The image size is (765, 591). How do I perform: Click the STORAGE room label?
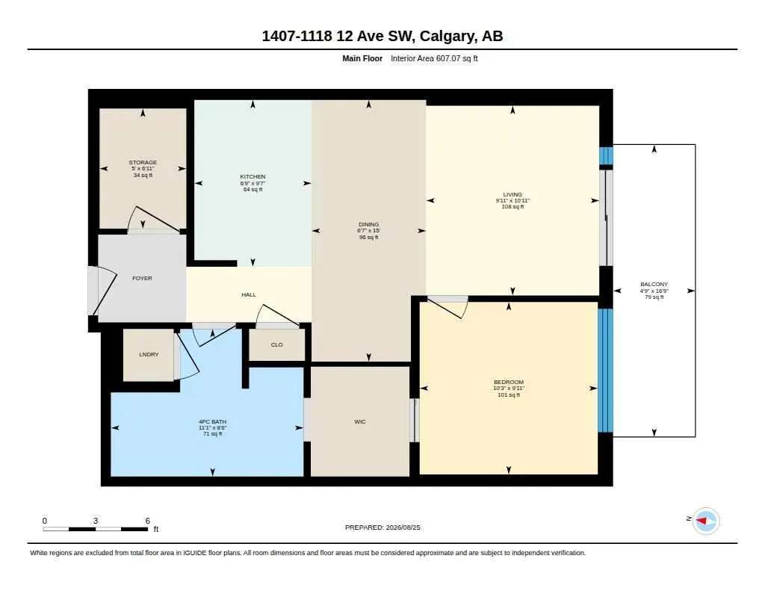(143, 163)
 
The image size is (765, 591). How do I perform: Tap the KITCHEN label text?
(253, 176)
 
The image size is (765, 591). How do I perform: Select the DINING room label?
(368, 224)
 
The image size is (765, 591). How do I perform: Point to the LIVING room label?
(512, 194)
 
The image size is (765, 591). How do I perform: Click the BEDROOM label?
(508, 382)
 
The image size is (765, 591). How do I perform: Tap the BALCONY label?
(654, 284)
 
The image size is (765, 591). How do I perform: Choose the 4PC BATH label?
(212, 421)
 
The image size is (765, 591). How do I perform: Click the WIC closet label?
(360, 421)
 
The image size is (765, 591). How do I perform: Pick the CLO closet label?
(276, 344)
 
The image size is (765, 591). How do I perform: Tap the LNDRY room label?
(149, 354)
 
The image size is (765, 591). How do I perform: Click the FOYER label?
(142, 278)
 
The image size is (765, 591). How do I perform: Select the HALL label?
(249, 295)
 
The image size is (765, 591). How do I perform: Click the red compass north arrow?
(701, 521)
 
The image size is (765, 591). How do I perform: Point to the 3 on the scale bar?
(96, 521)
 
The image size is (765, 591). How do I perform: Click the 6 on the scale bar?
(147, 521)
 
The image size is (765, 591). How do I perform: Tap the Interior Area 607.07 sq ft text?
(434, 58)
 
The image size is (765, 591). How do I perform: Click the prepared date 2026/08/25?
(403, 527)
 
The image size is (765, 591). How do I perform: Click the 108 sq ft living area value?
(512, 206)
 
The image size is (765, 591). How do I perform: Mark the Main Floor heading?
(362, 58)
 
